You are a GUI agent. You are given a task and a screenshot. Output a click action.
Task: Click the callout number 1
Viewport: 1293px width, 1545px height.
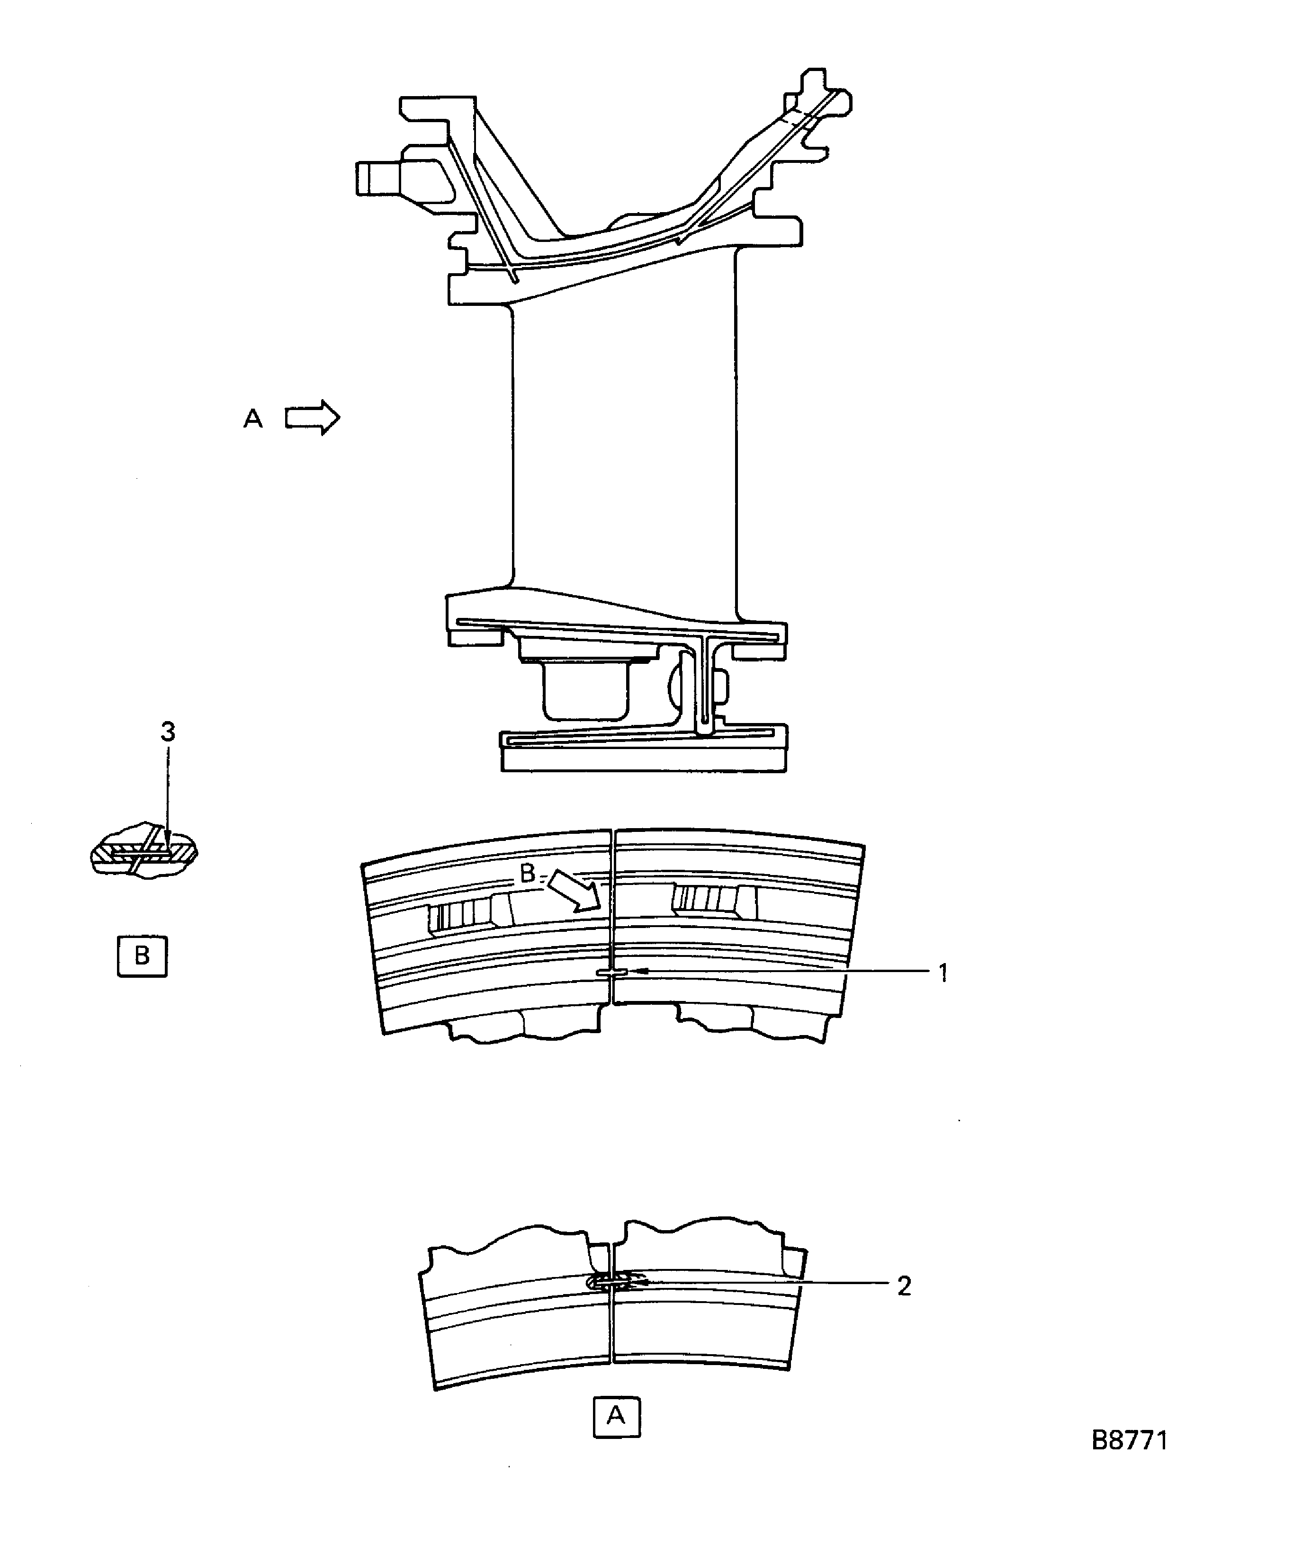[x=943, y=973]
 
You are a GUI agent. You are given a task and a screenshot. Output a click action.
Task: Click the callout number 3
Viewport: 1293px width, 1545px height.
[x=168, y=732]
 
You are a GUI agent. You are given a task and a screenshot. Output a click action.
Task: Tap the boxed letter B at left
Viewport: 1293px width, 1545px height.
[x=142, y=956]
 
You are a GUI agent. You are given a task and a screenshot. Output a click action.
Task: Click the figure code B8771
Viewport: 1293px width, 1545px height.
[x=1129, y=1440]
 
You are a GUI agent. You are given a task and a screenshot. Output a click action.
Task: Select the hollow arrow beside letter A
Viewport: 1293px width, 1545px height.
[x=313, y=418]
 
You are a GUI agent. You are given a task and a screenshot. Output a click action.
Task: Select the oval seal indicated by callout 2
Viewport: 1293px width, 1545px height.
[x=608, y=1283]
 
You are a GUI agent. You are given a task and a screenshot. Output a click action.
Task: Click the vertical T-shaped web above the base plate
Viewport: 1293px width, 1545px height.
[x=705, y=684]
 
